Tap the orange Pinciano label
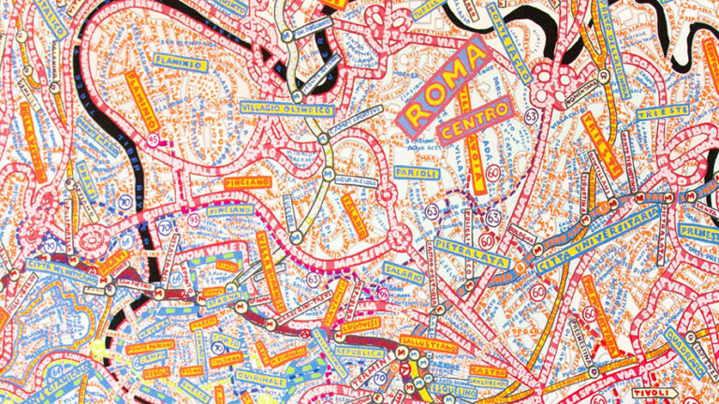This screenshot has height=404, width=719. pos(247,181)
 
